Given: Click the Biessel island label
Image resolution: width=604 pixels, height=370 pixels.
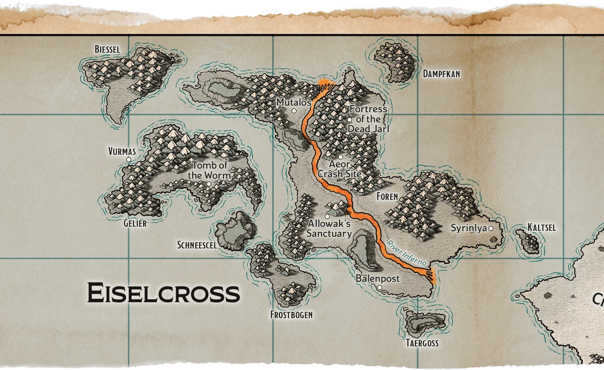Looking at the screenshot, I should click(107, 49).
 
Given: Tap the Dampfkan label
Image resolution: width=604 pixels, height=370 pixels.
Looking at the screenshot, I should click(441, 74).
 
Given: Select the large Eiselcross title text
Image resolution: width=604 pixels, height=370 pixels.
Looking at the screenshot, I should click(163, 293).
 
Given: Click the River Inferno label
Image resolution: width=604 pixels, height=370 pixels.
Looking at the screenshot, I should click(407, 253).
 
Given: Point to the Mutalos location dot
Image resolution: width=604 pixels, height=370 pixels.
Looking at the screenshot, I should click(294, 111).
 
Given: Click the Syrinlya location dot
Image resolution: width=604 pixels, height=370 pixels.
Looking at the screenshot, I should click(491, 228).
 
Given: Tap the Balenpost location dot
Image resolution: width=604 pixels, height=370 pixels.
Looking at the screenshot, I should click(380, 288).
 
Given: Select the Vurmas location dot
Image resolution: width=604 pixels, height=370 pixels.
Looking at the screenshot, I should click(129, 159).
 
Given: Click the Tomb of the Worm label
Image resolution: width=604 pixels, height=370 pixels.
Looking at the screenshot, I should click(209, 170).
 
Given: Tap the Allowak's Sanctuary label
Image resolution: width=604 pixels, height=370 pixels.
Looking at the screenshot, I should click(329, 228).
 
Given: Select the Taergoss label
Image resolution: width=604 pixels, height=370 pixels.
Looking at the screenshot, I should click(422, 343).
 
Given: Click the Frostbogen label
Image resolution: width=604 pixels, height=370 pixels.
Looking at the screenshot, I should click(291, 315).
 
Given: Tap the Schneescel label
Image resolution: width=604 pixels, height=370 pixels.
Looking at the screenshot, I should click(197, 245).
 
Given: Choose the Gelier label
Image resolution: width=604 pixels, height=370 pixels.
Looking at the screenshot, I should click(135, 223).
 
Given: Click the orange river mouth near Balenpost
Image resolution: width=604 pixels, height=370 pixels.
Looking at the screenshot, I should click(430, 275).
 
